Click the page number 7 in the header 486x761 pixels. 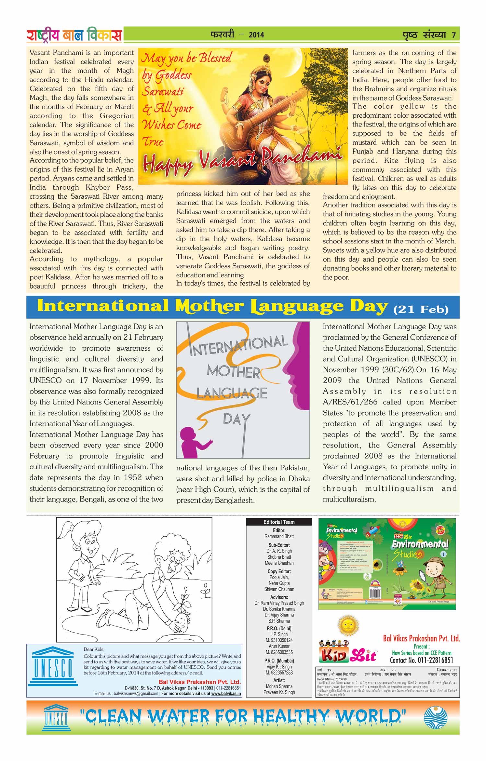454,35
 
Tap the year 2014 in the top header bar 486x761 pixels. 256,35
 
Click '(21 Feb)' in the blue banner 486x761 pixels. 421,309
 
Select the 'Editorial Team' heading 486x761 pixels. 279,522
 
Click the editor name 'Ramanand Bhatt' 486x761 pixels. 279,536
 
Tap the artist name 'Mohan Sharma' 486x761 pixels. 279,686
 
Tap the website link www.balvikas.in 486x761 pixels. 226,694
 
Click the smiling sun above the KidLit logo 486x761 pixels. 348,625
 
